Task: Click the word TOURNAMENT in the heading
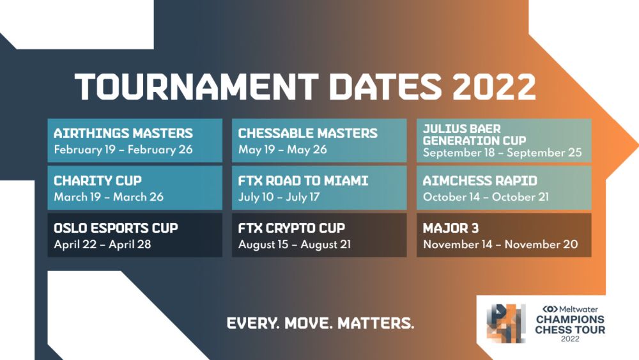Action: pos(196,86)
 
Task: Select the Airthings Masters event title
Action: pos(123,133)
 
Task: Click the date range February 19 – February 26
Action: pos(123,150)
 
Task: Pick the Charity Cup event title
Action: pos(98,180)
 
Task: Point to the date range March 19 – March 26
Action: pos(109,197)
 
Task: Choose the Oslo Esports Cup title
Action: pos(116,228)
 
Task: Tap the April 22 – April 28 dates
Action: pos(102,244)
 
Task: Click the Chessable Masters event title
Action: pos(308,133)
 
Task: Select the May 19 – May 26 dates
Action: pos(282,150)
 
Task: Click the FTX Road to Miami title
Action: pos(303,180)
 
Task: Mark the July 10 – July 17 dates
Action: pos(279,197)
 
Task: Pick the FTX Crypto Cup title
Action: pos(291,228)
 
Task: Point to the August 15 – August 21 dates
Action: pos(294,244)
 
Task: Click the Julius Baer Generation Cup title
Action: pos(474,134)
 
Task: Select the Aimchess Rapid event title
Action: pos(480,180)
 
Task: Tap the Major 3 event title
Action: pos(450,228)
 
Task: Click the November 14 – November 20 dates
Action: pos(500,244)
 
